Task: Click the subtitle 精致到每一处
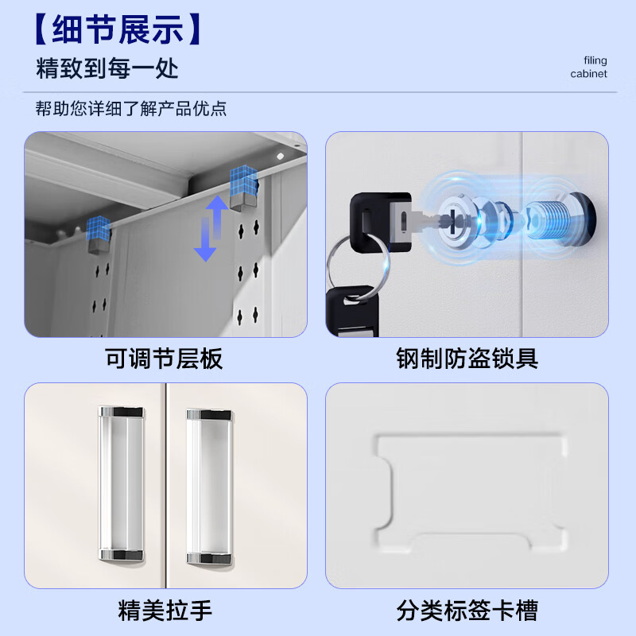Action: pyautogui.click(x=107, y=68)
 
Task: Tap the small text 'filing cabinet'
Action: pyautogui.click(x=588, y=68)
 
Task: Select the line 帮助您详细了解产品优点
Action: pyautogui.click(x=131, y=108)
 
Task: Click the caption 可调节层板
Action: pyautogui.click(x=164, y=359)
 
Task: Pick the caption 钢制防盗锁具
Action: pyautogui.click(x=467, y=359)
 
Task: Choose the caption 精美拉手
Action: pyautogui.click(x=165, y=611)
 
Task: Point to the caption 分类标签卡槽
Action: pyautogui.click(x=467, y=611)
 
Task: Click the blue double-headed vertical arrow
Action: pyautogui.click(x=206, y=229)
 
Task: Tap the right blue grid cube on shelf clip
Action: pyautogui.click(x=244, y=181)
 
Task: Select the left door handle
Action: pyautogui.click(x=120, y=485)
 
